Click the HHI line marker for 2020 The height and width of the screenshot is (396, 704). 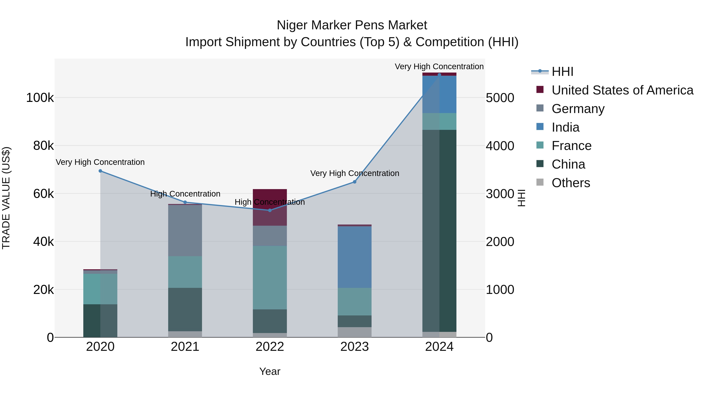100,171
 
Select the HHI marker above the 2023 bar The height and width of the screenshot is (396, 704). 355,182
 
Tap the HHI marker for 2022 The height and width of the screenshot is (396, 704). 270,210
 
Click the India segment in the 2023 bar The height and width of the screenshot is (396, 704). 355,257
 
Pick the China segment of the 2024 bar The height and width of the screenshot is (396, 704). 439,231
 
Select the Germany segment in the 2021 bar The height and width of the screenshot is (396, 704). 185,230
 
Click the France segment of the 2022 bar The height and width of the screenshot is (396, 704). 270,277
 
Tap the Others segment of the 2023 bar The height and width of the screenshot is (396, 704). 355,332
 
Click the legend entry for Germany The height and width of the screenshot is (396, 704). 578,109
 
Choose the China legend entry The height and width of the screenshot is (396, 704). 568,164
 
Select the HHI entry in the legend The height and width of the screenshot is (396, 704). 562,72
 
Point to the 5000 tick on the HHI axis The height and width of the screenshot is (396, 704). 500,98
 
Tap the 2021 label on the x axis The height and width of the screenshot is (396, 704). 185,347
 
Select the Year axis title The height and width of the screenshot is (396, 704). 270,371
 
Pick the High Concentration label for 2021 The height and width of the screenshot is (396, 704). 185,194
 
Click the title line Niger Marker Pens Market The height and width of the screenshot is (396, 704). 352,25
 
